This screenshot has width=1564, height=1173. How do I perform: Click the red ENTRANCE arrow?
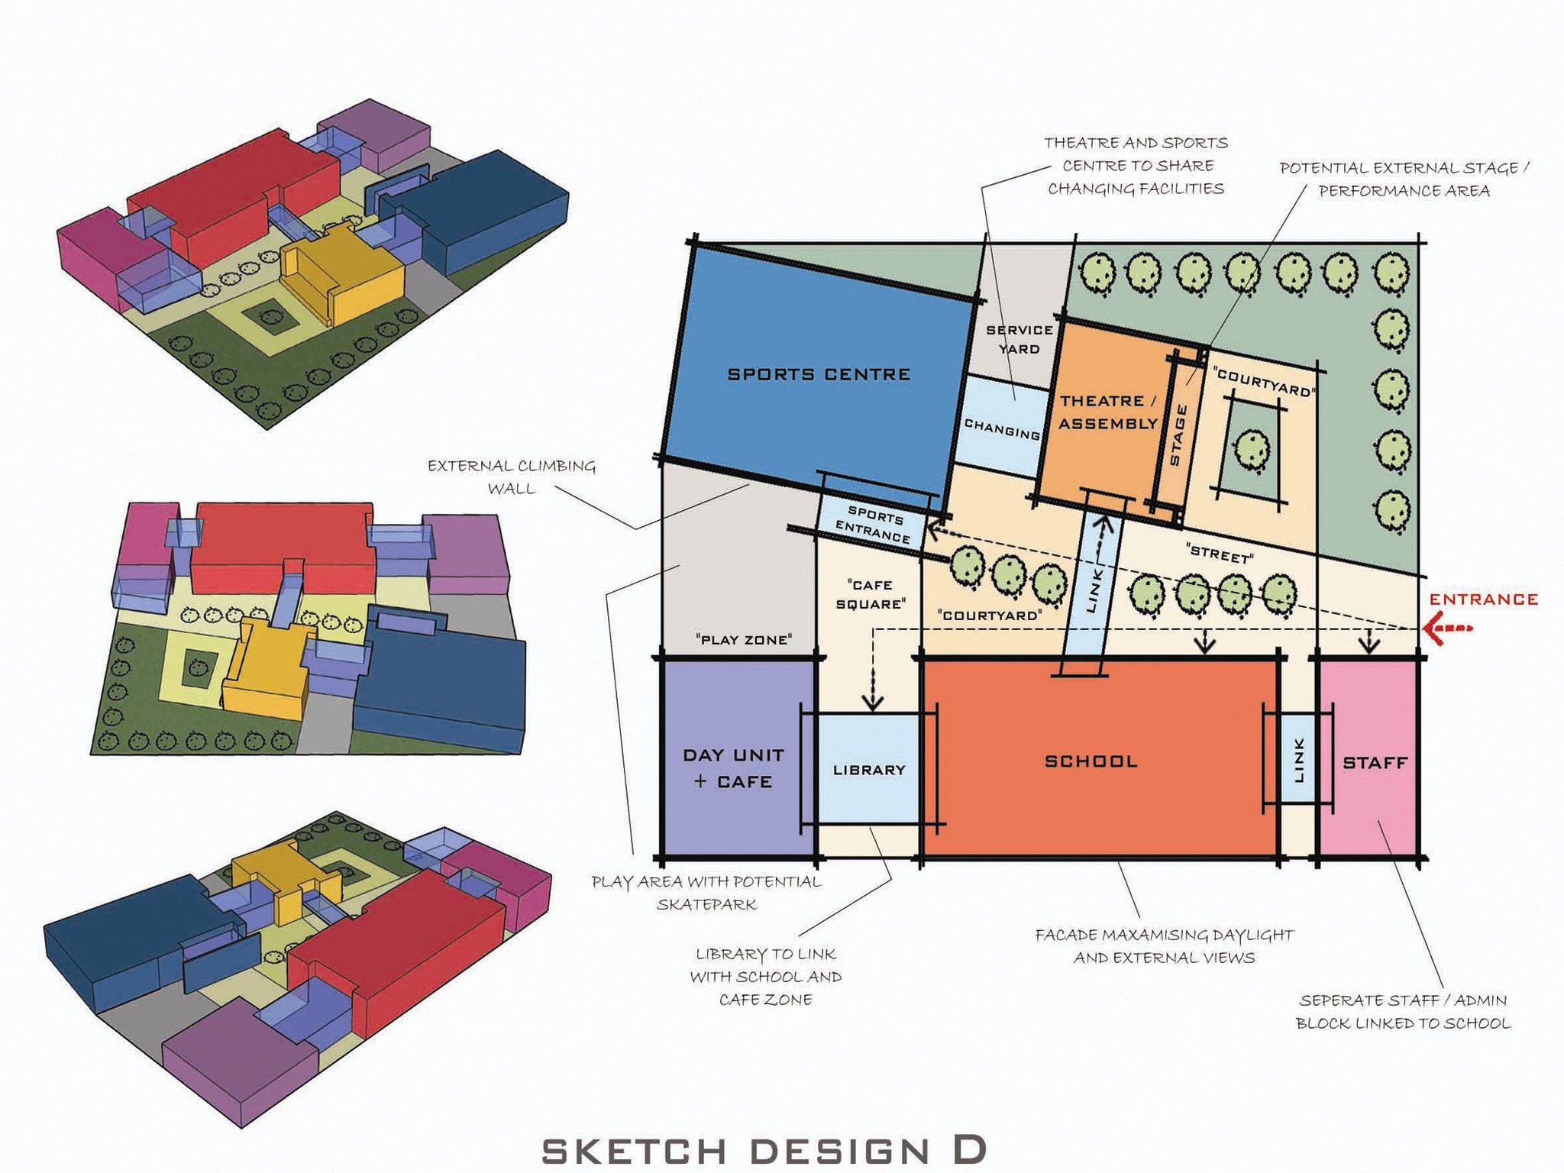coord(1447,628)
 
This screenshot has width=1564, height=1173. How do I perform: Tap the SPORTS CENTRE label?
coord(819,374)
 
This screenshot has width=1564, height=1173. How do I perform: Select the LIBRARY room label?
coord(869,770)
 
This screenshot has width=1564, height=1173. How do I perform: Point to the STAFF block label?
coord(1375,762)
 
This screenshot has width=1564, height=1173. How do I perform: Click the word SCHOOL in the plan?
coord(1091,761)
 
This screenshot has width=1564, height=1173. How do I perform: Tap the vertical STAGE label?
coord(1178,435)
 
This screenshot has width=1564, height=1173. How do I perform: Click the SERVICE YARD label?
coord(1020,339)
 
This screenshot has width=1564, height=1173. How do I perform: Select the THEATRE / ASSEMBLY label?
coord(1108,412)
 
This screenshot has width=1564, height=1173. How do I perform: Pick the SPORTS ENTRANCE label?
coord(874,524)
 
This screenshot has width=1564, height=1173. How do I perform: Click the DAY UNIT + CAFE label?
coord(733,768)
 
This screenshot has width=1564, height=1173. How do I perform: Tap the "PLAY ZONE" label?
coord(744,639)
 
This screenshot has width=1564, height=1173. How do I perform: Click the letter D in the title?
coord(970,1150)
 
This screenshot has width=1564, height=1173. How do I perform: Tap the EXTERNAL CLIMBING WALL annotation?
coord(511,477)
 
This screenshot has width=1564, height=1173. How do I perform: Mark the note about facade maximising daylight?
coord(1164,946)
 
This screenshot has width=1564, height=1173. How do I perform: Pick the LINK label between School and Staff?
coord(1300,761)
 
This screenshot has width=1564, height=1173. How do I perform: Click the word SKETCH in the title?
coord(634,1152)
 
